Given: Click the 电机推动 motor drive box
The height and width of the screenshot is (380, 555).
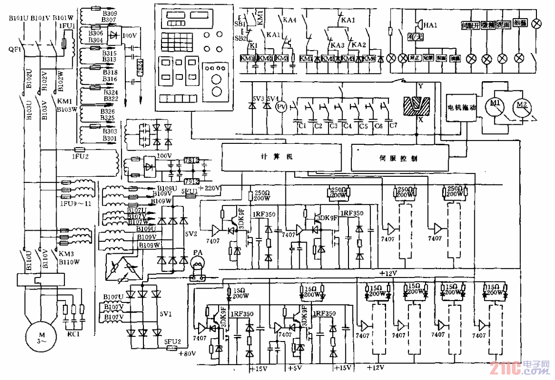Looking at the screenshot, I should (x=461, y=108).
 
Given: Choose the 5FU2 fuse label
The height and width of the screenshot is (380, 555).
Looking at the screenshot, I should (x=173, y=343).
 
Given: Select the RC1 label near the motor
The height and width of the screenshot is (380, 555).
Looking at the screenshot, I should (x=73, y=333).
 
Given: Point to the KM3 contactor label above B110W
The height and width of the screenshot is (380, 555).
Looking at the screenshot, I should (x=65, y=255).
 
